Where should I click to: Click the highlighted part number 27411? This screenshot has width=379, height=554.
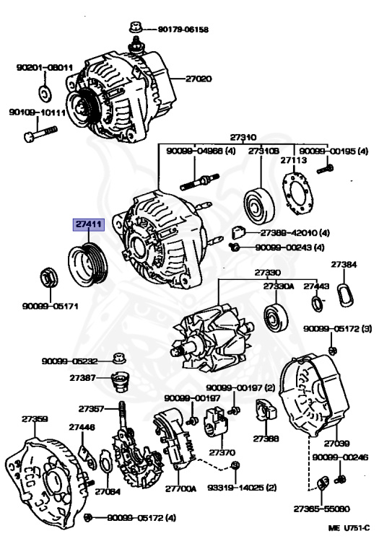(x=87, y=225)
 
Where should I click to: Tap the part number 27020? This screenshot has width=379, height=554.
(x=199, y=79)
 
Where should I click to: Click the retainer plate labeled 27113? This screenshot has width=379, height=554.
(x=297, y=195)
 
